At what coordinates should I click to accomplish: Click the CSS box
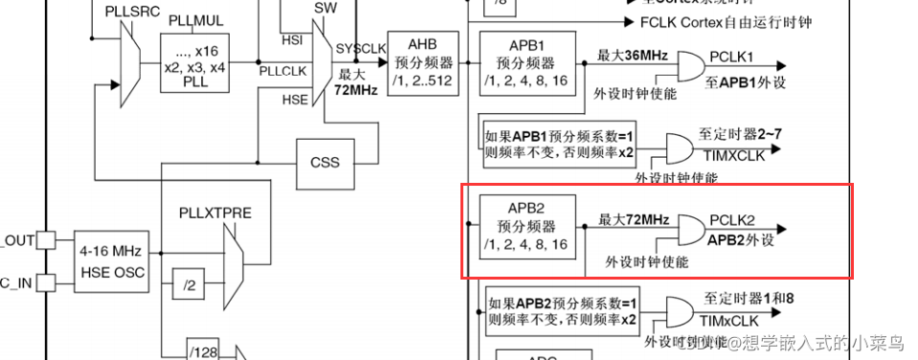(325, 162)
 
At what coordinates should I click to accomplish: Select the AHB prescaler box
(421, 62)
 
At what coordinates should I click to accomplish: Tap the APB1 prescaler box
(528, 62)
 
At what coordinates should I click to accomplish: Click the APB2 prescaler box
(528, 225)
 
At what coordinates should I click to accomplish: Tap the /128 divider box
(202, 351)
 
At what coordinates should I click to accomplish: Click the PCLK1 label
(732, 56)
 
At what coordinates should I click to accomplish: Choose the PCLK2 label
(732, 220)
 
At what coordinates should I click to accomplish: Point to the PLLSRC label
(126, 9)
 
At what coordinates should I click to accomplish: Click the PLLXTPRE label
(215, 213)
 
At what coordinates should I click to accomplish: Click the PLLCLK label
(282, 70)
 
